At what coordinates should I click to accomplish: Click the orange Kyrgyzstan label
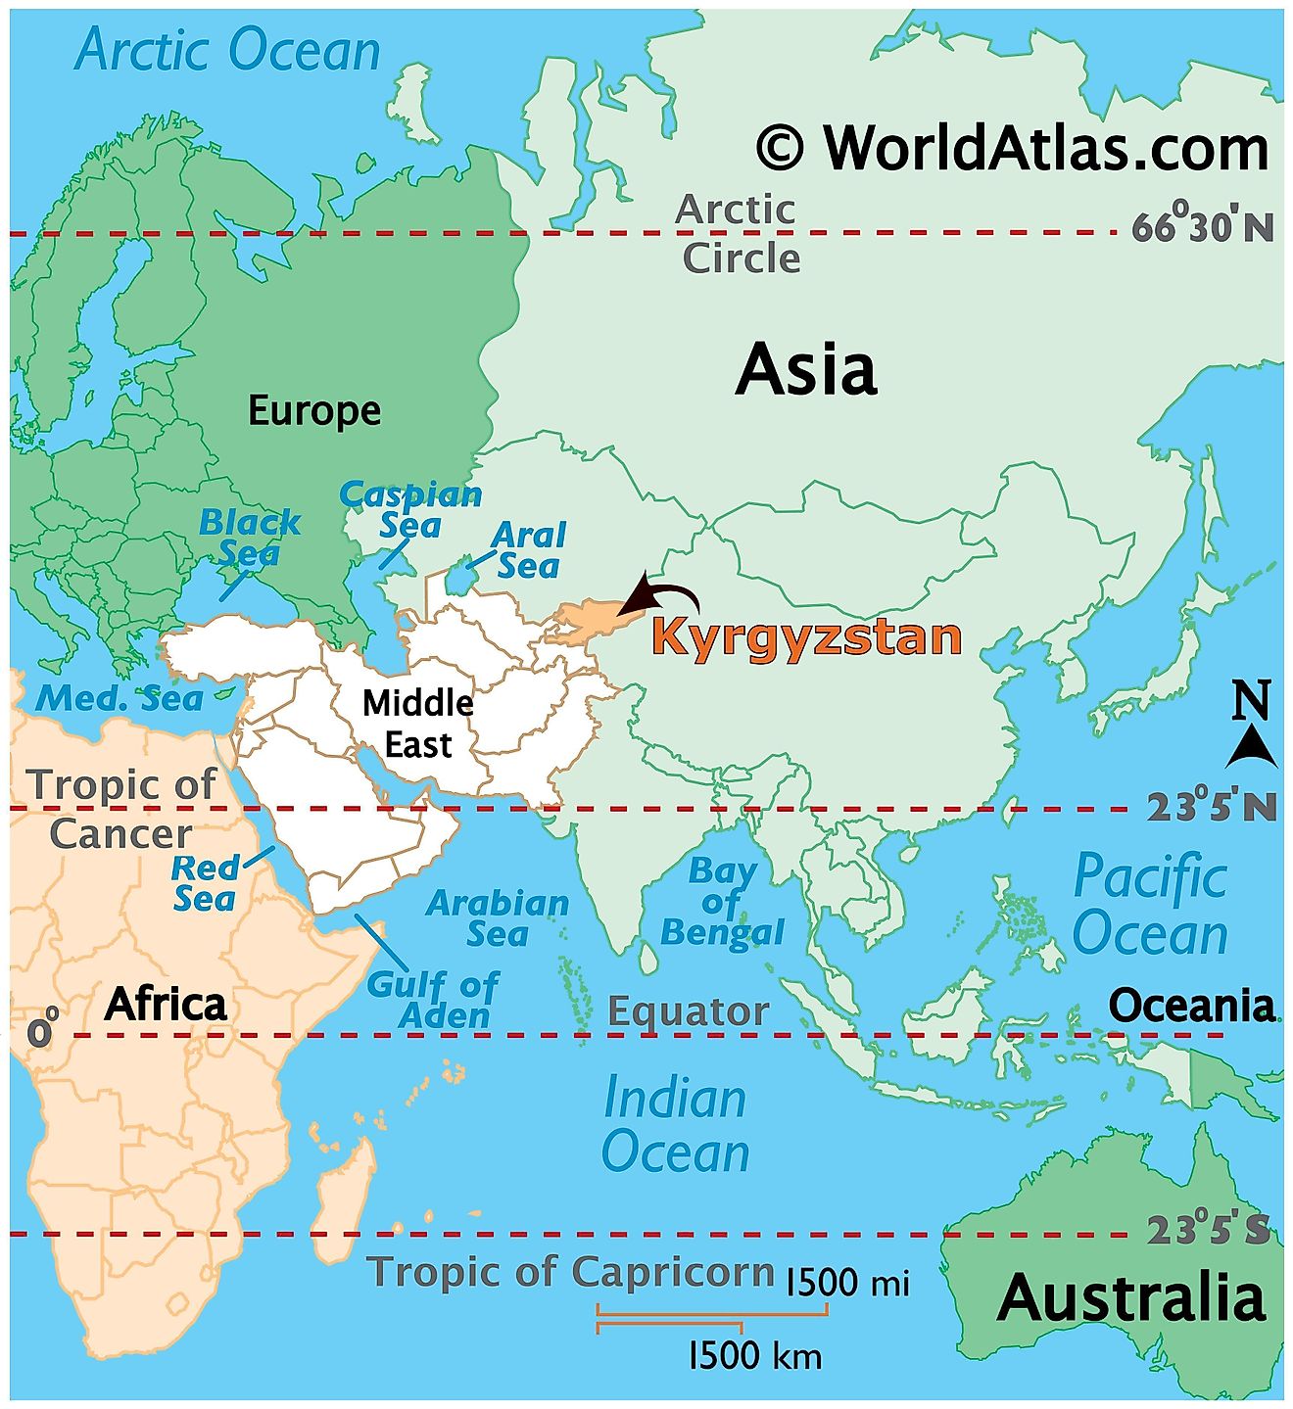coord(805,637)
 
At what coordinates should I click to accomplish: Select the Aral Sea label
coord(528,550)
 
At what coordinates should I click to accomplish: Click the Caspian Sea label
coord(410,509)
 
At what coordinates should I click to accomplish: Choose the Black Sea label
coord(249,538)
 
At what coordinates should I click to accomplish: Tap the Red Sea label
coord(205,882)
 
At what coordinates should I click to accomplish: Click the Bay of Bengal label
coord(722,901)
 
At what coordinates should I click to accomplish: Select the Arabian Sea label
coord(498,917)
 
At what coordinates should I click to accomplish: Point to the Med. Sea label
coord(120,698)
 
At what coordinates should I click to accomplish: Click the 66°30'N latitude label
coord(1203,226)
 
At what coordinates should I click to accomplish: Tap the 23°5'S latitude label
coord(1208,1230)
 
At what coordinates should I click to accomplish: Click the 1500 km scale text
coord(754,1356)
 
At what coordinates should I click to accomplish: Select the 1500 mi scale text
coord(847,1282)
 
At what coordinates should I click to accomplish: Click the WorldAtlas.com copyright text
coord(1013,149)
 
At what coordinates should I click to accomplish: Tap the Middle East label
coord(418,724)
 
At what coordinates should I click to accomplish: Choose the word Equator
coord(688,1011)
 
